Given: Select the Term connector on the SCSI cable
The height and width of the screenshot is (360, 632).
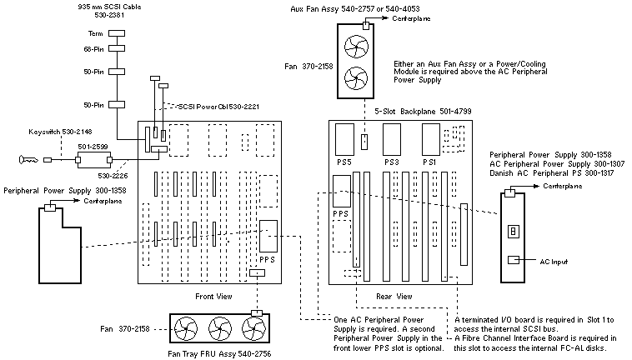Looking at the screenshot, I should (x=116, y=34).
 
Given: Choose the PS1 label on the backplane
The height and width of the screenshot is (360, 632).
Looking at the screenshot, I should (x=430, y=160).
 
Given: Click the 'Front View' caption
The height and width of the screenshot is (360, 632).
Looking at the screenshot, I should (x=214, y=296).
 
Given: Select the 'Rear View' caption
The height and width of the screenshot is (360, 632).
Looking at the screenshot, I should (x=394, y=296).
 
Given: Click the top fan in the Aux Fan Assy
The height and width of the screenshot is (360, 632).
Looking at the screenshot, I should (x=354, y=47).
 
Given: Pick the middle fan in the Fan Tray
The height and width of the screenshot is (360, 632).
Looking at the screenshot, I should (x=224, y=328).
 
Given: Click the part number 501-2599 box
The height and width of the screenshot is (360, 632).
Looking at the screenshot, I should (x=93, y=147).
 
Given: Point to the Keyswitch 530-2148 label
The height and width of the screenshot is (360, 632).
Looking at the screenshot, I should (x=57, y=132).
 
